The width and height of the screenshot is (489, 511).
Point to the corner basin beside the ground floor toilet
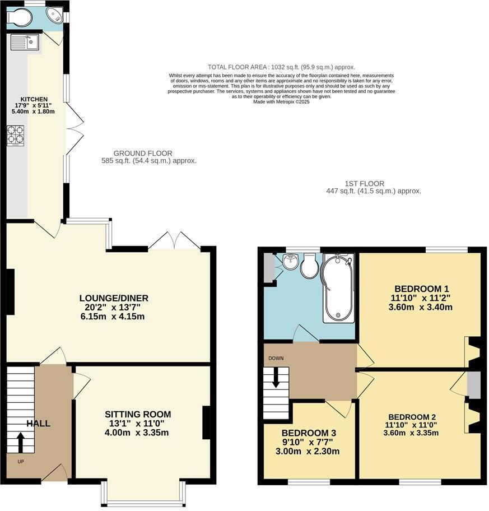(55, 15)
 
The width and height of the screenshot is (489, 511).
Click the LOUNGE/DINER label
(114, 298)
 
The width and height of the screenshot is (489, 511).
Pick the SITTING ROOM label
(138, 415)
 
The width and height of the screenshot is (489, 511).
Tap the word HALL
(38, 424)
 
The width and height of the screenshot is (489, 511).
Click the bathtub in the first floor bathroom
(337, 287)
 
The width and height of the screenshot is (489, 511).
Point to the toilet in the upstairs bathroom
(309, 266)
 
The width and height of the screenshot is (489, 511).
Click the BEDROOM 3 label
(309, 433)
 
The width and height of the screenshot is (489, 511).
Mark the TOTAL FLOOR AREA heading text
(281, 67)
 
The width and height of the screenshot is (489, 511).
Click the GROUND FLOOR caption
(143, 153)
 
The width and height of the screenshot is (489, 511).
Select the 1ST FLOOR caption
(364, 183)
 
